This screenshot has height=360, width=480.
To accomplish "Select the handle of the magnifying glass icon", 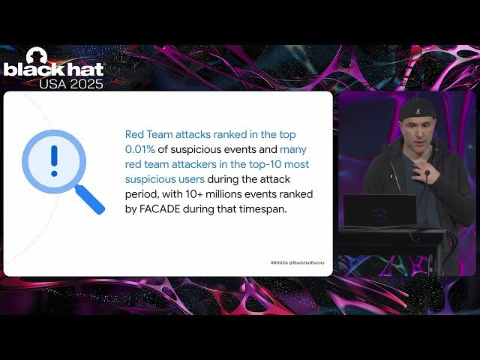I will coord(90,198).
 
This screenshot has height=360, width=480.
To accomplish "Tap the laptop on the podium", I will coord(379,210).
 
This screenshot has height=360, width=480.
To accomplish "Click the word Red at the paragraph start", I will coord(135,135).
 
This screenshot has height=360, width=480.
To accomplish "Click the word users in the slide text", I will coord(187,178).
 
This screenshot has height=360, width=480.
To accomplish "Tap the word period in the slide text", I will coord(142,193).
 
